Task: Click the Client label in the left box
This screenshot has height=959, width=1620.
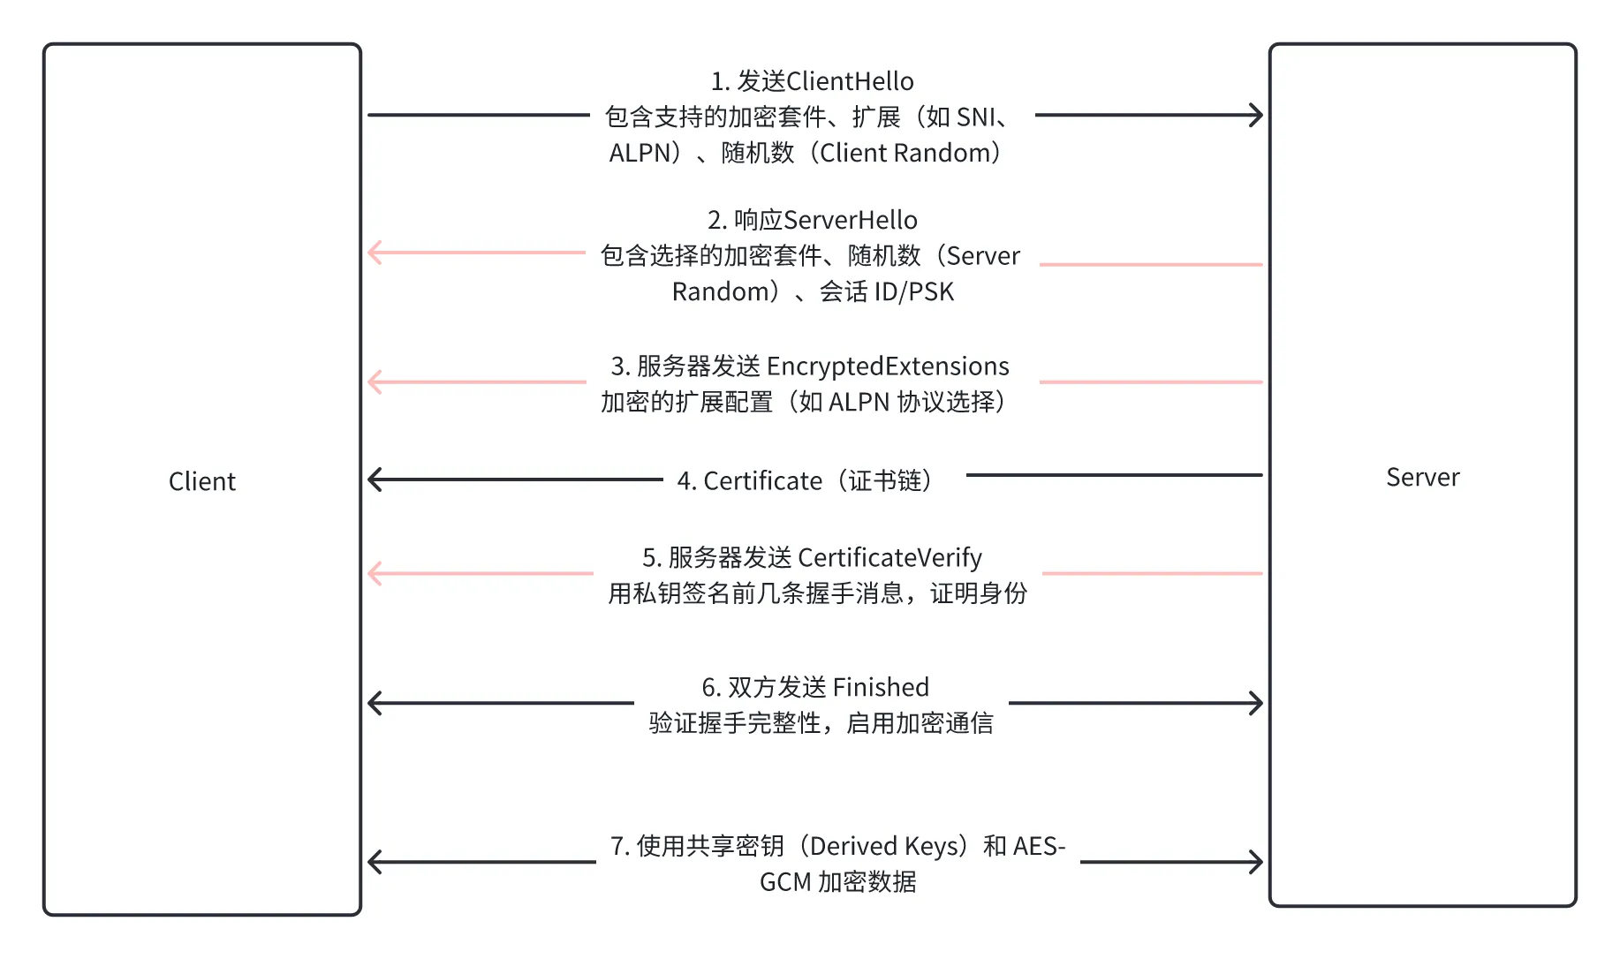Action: [201, 481]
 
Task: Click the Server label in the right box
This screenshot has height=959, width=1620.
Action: [1422, 477]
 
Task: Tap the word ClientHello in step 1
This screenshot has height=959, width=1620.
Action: [850, 81]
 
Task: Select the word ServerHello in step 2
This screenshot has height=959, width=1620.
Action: [850, 220]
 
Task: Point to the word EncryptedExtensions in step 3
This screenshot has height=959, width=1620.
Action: [888, 366]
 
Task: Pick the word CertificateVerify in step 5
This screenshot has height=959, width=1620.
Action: [889, 557]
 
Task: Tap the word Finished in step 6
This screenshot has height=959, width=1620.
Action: [880, 687]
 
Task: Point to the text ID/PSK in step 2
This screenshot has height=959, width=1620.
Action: [914, 291]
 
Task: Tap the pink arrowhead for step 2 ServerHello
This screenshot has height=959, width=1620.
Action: [375, 253]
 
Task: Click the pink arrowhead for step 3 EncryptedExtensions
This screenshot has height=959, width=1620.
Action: [375, 382]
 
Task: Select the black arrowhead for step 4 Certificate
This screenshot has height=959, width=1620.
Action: [375, 479]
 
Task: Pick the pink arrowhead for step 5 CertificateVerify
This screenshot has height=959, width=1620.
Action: [375, 573]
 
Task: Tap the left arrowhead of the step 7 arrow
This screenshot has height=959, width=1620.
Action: [375, 862]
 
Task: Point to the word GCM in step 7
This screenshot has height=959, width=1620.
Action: [785, 882]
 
